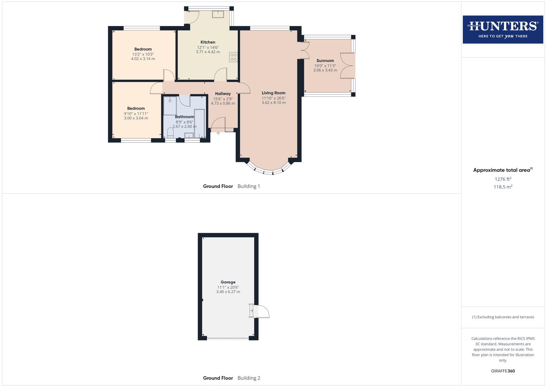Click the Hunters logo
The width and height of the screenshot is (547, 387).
[503, 29]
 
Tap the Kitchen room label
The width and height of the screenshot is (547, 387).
[208, 42]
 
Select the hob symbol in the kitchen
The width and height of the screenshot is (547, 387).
[234, 57]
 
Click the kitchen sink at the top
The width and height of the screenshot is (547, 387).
[218, 14]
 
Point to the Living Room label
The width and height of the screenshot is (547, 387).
[273, 93]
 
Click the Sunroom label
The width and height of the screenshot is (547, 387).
[325, 61]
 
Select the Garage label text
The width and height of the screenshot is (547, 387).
[228, 282]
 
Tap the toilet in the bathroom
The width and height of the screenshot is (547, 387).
[170, 133]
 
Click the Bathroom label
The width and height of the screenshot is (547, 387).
[184, 117]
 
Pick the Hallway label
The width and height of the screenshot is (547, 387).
[223, 94]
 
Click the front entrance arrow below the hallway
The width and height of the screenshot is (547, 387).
[218, 134]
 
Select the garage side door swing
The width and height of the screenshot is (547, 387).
[261, 311]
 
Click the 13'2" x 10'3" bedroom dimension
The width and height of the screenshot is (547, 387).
[143, 54]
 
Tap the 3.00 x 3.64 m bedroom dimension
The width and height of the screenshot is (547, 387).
[136, 118]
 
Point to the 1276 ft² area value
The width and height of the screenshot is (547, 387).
[503, 179]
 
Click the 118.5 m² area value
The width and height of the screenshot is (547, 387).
[503, 187]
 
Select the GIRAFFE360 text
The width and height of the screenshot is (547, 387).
[503, 371]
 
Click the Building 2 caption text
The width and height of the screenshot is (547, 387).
[249, 378]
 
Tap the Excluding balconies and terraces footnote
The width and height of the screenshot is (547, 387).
[503, 317]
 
